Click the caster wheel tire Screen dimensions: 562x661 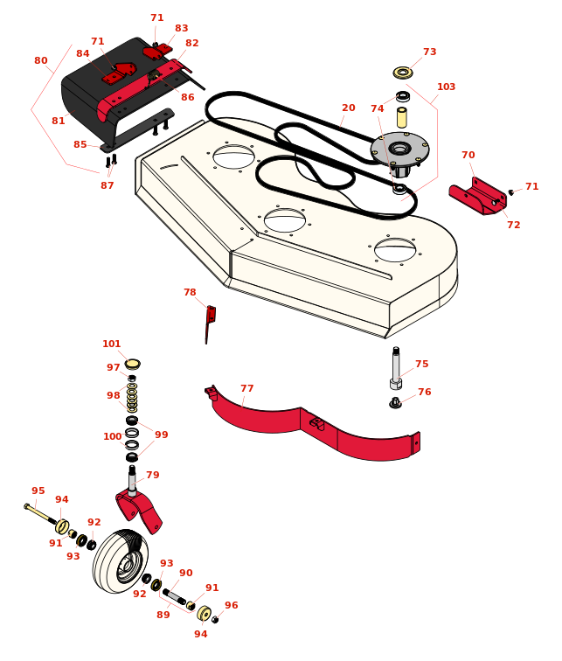click(x=121, y=561)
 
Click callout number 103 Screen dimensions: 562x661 click(x=446, y=87)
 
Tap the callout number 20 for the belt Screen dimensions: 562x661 click(x=349, y=108)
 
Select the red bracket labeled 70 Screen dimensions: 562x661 click(x=478, y=197)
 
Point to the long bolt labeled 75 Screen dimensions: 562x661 click(x=396, y=368)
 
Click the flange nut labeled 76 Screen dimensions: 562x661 click(x=395, y=403)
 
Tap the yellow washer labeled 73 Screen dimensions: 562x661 click(x=403, y=73)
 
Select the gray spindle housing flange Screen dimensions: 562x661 click(x=399, y=149)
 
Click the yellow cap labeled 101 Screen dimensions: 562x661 click(x=132, y=364)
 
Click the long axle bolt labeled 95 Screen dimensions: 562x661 click(x=40, y=514)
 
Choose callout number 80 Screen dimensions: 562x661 click(x=41, y=60)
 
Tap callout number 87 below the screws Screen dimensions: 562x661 click(x=107, y=185)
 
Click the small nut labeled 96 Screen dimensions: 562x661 click(x=215, y=619)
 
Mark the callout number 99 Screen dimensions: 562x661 click(x=162, y=435)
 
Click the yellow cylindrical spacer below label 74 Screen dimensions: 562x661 click(x=402, y=118)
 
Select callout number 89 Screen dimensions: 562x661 click(x=163, y=615)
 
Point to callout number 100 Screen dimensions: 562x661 click(x=113, y=437)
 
